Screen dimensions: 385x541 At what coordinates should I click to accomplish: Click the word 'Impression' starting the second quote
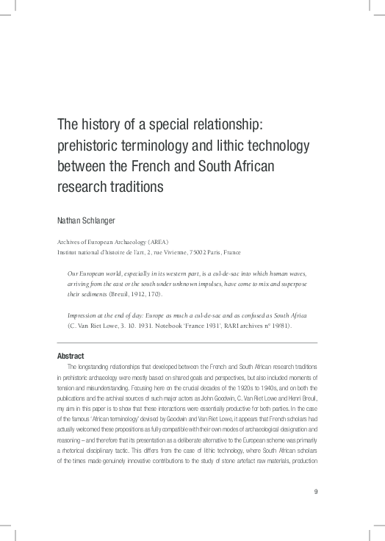[x=83, y=315]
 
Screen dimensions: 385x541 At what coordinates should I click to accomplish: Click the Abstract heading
[x=71, y=356]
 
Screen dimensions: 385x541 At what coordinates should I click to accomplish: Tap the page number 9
[x=315, y=471]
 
